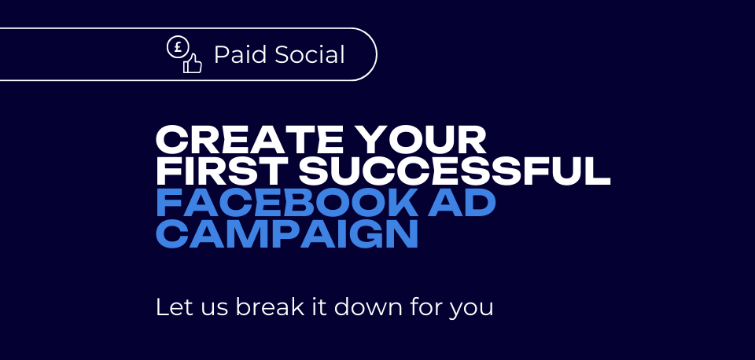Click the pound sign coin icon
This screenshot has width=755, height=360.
click(178, 47)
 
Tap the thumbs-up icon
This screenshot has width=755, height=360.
click(192, 63)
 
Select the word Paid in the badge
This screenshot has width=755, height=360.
click(240, 54)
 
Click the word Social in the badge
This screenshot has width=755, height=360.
click(310, 54)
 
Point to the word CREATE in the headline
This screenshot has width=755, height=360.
click(250, 139)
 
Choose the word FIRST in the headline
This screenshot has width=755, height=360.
click(222, 171)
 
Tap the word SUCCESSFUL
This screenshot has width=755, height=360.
click(455, 171)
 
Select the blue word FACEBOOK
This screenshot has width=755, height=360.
click(287, 203)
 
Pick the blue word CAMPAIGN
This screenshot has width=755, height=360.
click(286, 234)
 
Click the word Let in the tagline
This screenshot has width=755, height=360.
click(170, 307)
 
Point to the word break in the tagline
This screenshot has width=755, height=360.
click(270, 307)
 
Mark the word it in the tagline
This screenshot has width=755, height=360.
click(319, 307)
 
